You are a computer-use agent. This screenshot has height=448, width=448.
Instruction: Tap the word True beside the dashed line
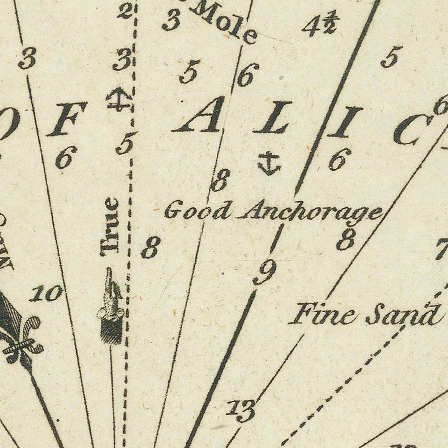pos(110,226)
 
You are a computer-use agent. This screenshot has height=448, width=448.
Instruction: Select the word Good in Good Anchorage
pos(198,211)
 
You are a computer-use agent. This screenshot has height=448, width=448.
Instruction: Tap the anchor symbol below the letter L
pos(269,164)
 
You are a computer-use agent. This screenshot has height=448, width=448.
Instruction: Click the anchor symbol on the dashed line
pos(120,99)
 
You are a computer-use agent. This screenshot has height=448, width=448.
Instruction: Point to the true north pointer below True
pos(111,306)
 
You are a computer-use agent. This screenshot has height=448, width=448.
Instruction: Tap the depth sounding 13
pos(242,410)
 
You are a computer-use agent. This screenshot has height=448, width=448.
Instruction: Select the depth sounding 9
pos(265,273)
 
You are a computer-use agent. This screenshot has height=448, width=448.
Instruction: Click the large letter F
pos(66,120)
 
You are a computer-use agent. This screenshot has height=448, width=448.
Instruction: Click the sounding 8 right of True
pos(151,247)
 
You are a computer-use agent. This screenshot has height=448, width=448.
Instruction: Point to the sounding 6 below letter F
pos(66,158)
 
